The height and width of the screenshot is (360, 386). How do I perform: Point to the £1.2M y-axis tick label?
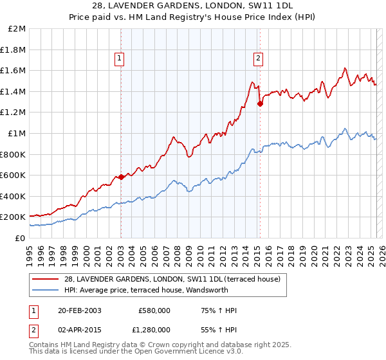tap(14, 113)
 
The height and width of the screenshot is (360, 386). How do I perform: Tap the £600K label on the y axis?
tap(13, 175)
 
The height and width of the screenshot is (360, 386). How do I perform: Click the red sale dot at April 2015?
tap(260, 104)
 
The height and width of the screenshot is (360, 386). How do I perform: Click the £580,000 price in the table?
tap(154, 311)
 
